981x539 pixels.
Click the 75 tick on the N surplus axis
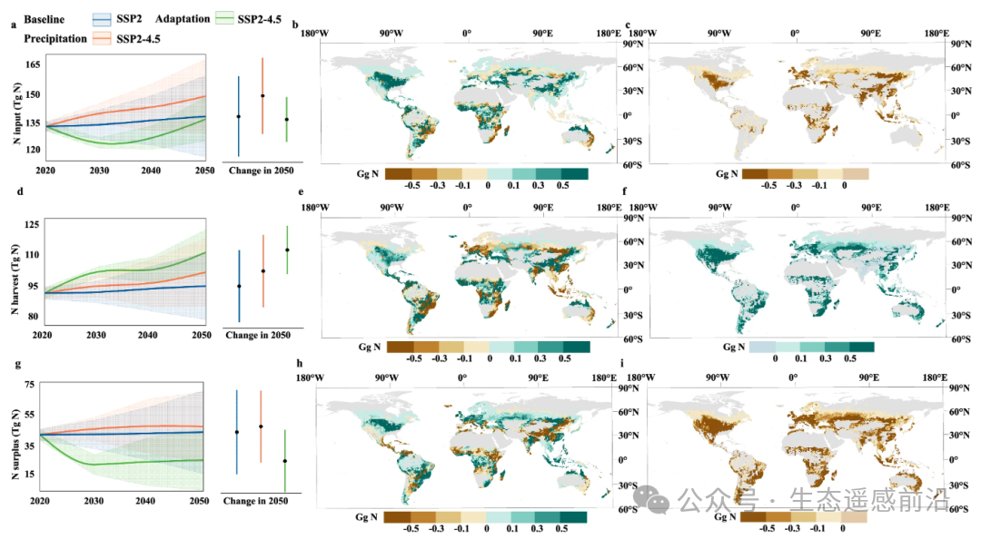pos(29,385)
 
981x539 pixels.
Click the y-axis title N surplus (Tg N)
pos(12,438)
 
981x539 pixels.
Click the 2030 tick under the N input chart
pos(95,171)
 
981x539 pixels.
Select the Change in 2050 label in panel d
pos(259,335)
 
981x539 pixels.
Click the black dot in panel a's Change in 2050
pos(239,116)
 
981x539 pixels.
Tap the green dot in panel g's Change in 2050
pos(285,461)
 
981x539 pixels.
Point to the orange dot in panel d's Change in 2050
pos(263,270)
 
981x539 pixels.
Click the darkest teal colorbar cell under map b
pos(574,172)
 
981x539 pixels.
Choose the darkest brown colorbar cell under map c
pos(755,172)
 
